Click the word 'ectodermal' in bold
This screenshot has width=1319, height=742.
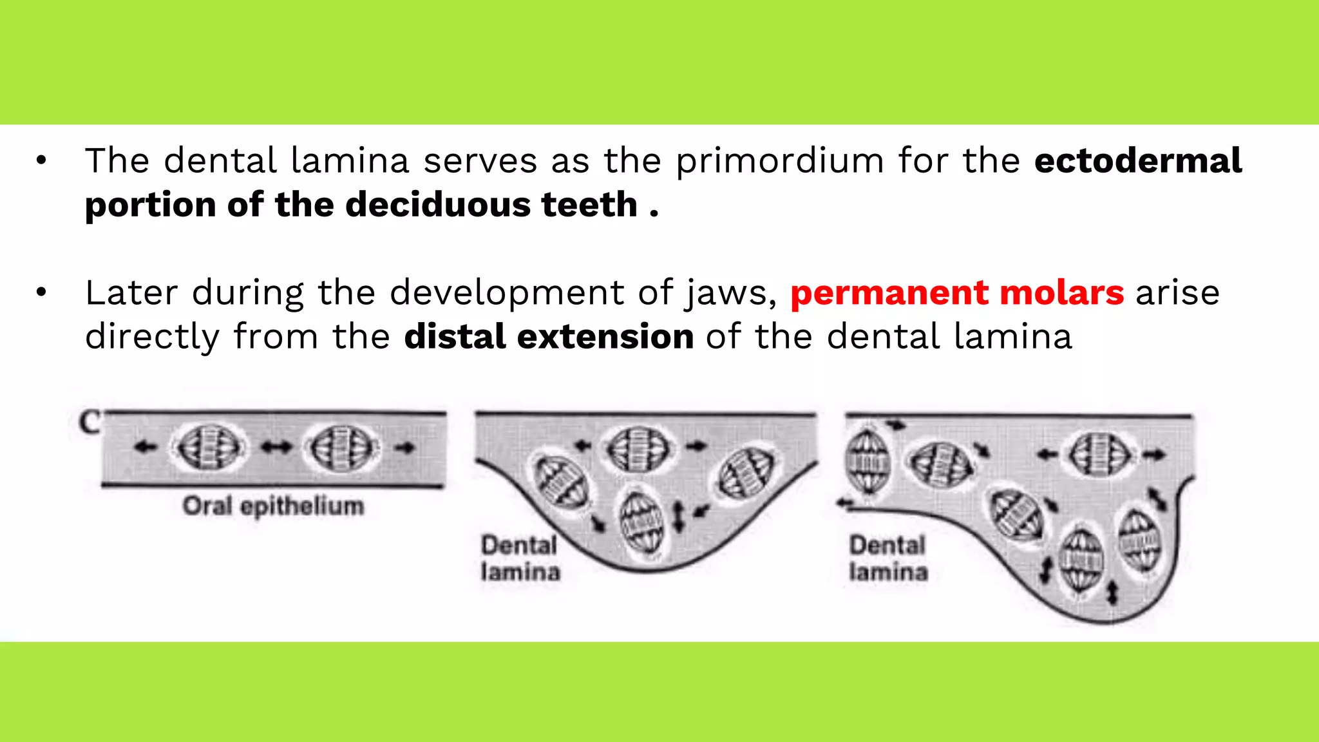tap(1137, 161)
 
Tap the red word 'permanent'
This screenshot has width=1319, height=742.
tap(889, 293)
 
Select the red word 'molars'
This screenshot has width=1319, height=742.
tap(1062, 293)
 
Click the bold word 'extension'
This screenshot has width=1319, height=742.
tap(605, 337)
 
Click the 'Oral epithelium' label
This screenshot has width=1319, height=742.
tap(273, 506)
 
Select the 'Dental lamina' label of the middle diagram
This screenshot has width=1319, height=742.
tap(520, 558)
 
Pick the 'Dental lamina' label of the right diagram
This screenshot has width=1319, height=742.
tap(888, 558)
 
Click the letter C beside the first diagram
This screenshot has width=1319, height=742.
tap(90, 423)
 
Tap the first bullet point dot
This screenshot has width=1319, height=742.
tap(42, 161)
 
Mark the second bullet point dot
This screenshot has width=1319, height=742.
tap(42, 293)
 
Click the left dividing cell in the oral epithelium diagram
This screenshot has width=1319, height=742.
tap(209, 447)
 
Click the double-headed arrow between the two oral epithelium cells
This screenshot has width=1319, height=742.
tap(276, 447)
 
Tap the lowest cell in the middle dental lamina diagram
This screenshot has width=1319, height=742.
tap(641, 522)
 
